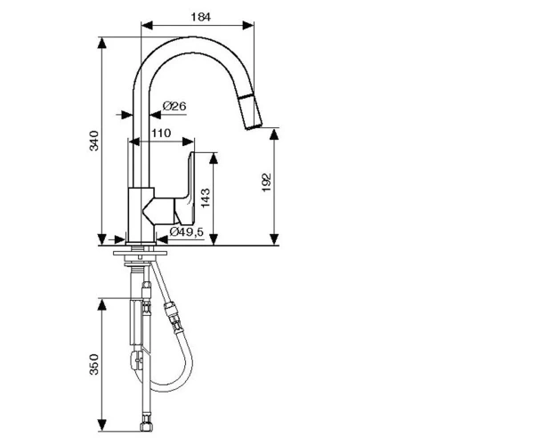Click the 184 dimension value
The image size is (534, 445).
(x=200, y=17)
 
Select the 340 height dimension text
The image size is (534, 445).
(x=94, y=141)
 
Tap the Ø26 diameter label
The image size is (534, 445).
(x=174, y=106)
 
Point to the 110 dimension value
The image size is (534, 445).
(x=161, y=133)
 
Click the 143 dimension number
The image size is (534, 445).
(x=206, y=198)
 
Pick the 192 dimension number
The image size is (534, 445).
(x=267, y=182)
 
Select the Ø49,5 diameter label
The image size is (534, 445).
(x=186, y=232)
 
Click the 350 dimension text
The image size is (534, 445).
(x=94, y=365)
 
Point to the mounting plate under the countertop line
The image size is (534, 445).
(x=141, y=253)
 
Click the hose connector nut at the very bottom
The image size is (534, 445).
(x=147, y=427)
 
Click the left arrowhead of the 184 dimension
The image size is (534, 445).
(x=147, y=25)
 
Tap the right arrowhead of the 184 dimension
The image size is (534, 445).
(x=248, y=25)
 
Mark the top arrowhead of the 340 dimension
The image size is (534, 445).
(x=101, y=43)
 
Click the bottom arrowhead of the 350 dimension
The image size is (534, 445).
(x=101, y=425)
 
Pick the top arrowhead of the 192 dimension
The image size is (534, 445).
(x=274, y=133)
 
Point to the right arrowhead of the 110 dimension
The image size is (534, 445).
(x=189, y=142)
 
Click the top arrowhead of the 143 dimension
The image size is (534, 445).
(x=214, y=158)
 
